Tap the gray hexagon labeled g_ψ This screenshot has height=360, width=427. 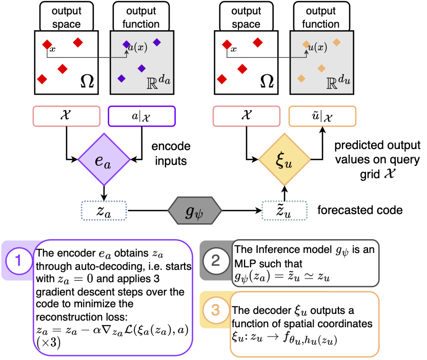coord(194,210)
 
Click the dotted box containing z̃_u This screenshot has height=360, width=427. coord(284,210)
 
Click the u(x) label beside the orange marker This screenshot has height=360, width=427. coord(317,47)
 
